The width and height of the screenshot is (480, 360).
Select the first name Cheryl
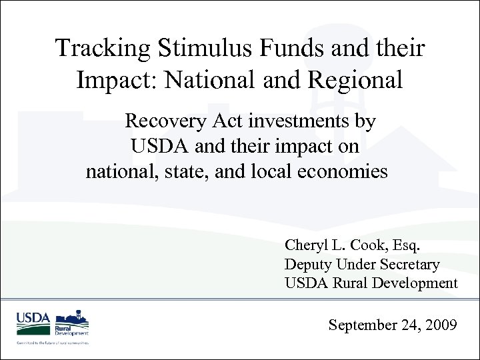(x=305, y=245)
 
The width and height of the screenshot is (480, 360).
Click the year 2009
(x=440, y=325)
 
